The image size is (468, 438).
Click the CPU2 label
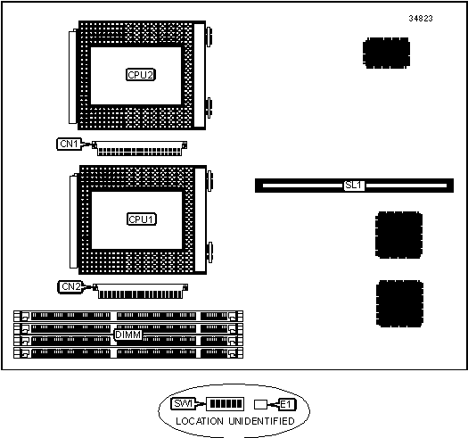[x=141, y=75]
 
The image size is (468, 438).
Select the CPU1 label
[x=142, y=219]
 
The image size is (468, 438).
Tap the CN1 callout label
[x=69, y=144]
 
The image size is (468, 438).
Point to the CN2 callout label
[x=70, y=287]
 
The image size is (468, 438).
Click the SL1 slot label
[x=354, y=186]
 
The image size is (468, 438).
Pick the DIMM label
[x=127, y=335]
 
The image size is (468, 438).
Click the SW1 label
[x=183, y=403]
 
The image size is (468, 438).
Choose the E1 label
[x=286, y=404]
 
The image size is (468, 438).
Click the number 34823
[x=421, y=19]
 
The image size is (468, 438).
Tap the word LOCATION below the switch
[x=200, y=421]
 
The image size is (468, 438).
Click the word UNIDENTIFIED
[x=262, y=421]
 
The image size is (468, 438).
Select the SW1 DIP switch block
[x=226, y=404]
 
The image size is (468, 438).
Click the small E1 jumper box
[x=260, y=404]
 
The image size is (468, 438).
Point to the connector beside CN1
[x=139, y=148]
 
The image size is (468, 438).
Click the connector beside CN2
[x=140, y=292]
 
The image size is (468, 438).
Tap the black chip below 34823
[x=386, y=53]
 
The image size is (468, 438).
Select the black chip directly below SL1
[x=398, y=235]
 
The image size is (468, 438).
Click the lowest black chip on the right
[x=399, y=303]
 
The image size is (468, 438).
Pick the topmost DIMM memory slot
[x=128, y=316]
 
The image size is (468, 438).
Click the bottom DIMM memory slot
[x=128, y=353]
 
